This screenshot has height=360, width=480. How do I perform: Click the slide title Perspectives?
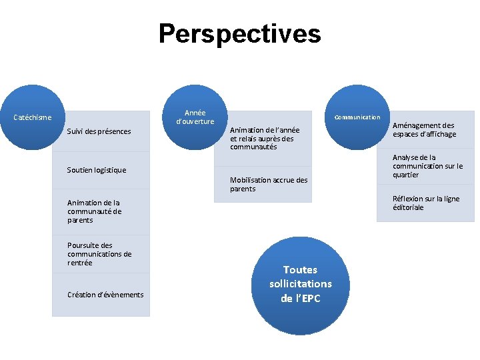[239, 33]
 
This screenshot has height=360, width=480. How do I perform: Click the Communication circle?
[357, 117]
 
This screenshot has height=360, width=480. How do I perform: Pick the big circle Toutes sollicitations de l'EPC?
[300, 283]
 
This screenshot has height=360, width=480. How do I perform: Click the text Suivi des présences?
[99, 131]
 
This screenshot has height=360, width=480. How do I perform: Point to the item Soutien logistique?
[97, 170]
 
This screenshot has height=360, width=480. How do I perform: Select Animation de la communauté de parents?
[94, 211]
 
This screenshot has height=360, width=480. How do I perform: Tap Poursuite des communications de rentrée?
[99, 254]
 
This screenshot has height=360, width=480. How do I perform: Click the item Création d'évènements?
[105, 295]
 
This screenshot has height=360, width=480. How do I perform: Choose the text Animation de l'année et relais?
[265, 138]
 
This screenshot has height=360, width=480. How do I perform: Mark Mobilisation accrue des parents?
[269, 184]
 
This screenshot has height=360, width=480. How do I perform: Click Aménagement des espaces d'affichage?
[424, 129]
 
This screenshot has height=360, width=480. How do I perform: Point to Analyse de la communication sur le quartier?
[427, 166]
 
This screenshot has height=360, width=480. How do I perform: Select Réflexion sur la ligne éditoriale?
[426, 203]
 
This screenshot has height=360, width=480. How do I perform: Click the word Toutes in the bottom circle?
[300, 269]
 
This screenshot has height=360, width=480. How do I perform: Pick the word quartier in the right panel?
[406, 175]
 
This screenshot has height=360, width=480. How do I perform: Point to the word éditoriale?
[408, 207]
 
